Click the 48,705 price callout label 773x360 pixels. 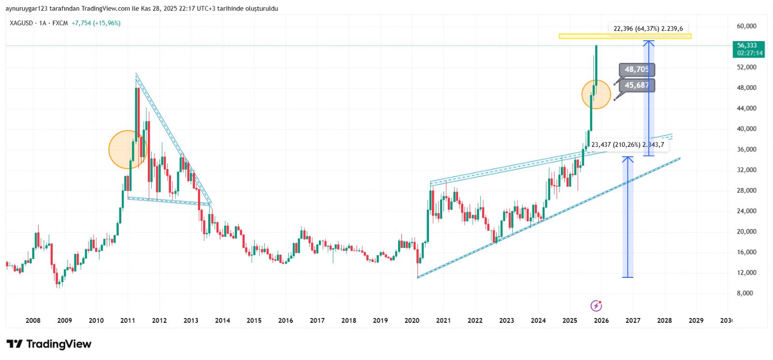click(637, 70)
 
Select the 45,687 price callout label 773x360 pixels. click(637, 86)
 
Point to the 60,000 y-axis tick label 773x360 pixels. click(746, 26)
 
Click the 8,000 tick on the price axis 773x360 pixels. click(744, 293)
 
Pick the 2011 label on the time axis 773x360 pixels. click(128, 320)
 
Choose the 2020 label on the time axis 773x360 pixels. click(412, 320)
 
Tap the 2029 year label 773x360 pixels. click(696, 320)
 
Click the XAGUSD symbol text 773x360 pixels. click(21, 23)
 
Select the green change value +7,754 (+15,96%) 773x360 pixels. click(96, 23)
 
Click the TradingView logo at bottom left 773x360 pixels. click(49, 344)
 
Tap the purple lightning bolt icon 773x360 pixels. click(597, 305)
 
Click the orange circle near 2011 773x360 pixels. click(127, 150)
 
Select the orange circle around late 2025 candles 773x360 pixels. click(596, 95)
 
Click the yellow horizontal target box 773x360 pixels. click(625, 36)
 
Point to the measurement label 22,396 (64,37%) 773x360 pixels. click(648, 29)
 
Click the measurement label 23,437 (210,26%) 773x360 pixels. click(628, 144)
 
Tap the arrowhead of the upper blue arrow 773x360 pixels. click(649, 43)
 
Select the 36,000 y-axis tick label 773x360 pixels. click(746, 149)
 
